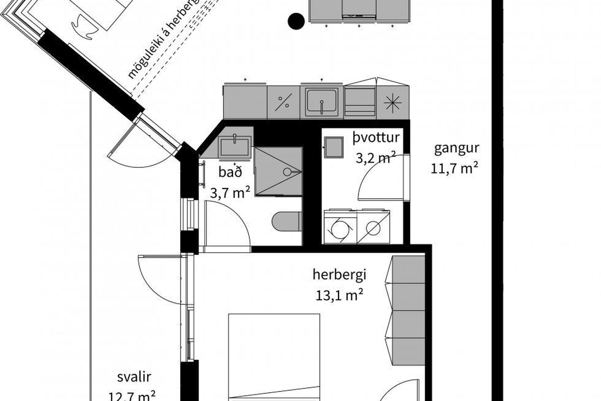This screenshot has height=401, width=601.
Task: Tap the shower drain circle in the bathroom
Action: tap(287, 172)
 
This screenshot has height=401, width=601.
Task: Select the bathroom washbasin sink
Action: tap(235, 147)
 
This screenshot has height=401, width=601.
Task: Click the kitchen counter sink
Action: tap(322, 102)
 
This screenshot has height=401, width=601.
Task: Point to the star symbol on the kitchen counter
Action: tap(393, 102)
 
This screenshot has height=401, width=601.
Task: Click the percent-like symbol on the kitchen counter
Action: tap(283, 102)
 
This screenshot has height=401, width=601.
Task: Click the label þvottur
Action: tap(376, 138)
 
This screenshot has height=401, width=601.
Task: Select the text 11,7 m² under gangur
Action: tap(454, 169)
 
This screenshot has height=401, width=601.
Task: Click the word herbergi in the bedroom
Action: tap(339, 275)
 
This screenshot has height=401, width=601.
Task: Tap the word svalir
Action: tap(134, 377)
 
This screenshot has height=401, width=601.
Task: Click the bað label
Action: tap(230, 172)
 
